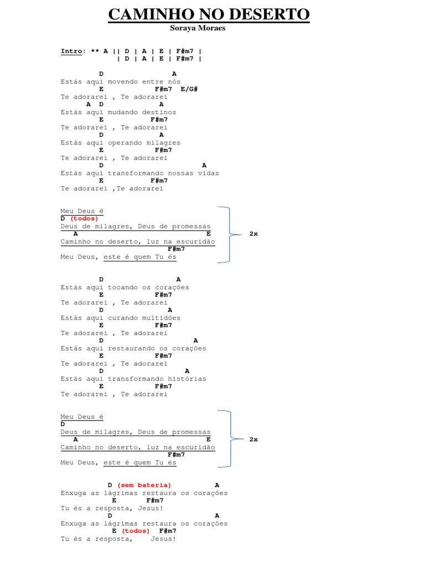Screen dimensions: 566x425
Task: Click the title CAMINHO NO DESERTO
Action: tap(209, 14)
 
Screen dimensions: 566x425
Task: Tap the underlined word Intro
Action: tap(71, 51)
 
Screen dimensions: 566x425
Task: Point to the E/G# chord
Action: tap(189, 89)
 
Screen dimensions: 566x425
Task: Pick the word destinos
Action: tap(159, 112)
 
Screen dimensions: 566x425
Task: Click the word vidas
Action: tap(209, 173)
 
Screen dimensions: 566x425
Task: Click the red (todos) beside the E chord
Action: tap(136, 531)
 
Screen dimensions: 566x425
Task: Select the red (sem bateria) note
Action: tap(144, 485)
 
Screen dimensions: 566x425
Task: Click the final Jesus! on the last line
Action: tap(163, 538)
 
